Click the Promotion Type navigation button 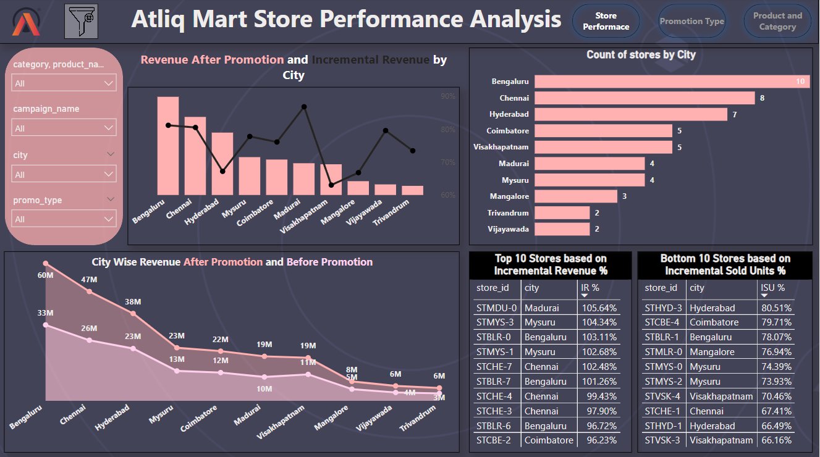[691, 22]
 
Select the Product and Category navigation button [777, 22]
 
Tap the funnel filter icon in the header [81, 22]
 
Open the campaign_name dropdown [64, 128]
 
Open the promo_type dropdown [64, 219]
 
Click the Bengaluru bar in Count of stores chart [672, 82]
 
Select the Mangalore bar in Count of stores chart [576, 196]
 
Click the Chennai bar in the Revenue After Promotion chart [195, 156]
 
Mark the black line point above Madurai [304, 107]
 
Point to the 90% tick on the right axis [448, 96]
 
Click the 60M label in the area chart [46, 275]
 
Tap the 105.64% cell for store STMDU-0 [599, 308]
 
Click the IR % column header [591, 288]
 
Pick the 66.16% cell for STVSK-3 [773, 440]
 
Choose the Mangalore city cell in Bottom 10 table [712, 352]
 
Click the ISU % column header [772, 288]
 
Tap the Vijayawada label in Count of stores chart [508, 229]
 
